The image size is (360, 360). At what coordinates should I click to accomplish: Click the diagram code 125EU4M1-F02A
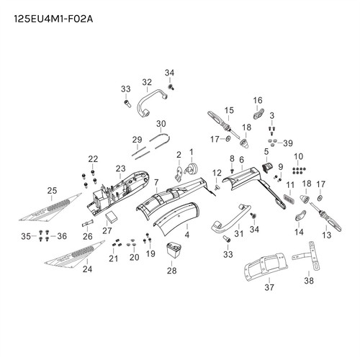pyautogui.click(x=53, y=19)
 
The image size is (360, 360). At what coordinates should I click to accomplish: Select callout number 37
pyautogui.click(x=269, y=287)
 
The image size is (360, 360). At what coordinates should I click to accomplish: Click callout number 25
pyautogui.click(x=52, y=191)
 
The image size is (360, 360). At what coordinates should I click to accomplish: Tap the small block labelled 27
pyautogui.click(x=111, y=217)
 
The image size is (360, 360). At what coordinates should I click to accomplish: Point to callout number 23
pyautogui.click(x=120, y=168)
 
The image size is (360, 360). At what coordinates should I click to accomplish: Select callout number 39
pyautogui.click(x=288, y=143)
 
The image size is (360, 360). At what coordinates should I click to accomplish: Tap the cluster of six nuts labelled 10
pyautogui.click(x=299, y=171)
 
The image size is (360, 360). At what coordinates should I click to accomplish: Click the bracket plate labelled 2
pyautogui.click(x=178, y=174)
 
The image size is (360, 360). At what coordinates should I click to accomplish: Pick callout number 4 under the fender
pyautogui.click(x=187, y=235)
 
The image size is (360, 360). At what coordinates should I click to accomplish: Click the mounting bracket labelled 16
pyautogui.click(x=258, y=114)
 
